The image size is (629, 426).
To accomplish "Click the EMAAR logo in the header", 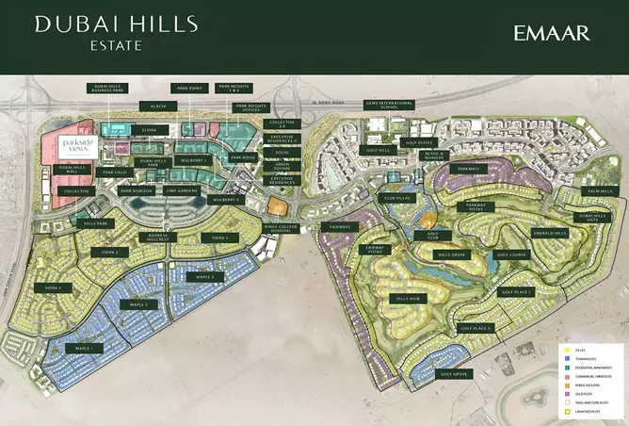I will point(553,33).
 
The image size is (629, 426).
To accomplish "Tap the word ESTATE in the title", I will point(116,42).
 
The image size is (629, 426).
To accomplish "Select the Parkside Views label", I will point(74,145).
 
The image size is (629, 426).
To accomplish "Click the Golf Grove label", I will point(454,374).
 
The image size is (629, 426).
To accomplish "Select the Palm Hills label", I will point(599,191).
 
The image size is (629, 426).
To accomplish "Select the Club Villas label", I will point(395,199).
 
